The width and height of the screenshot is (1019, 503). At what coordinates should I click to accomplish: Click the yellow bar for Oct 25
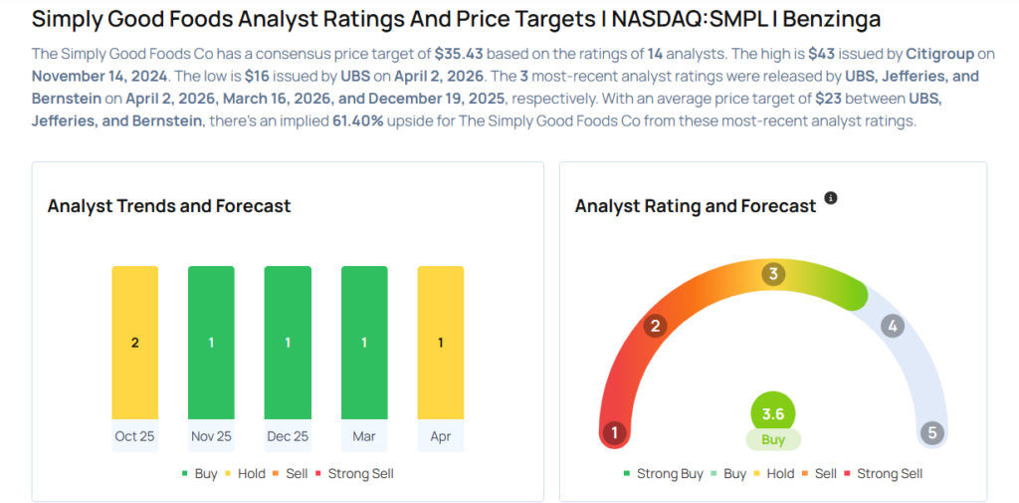tap(134, 342)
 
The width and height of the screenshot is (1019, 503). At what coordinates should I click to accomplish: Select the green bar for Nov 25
tap(211, 342)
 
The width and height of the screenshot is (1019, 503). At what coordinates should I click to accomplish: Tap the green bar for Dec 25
tap(288, 342)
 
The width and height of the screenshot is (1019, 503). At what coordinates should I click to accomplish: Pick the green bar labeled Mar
tap(364, 342)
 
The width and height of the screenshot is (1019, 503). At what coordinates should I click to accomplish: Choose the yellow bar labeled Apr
tap(440, 342)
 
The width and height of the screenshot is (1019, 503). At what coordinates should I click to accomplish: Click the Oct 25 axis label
tap(134, 436)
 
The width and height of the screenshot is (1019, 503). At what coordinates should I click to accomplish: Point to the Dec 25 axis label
tap(288, 436)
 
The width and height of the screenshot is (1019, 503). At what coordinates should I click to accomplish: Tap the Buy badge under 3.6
tap(773, 439)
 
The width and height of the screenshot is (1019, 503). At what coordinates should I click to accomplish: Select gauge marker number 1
tap(615, 432)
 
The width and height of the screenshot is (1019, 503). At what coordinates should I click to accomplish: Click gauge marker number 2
tap(655, 326)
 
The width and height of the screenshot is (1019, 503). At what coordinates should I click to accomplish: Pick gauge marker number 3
tap(773, 274)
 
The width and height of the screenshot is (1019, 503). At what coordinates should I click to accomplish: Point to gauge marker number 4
tap(893, 326)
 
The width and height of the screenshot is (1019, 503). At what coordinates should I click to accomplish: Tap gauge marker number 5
tap(931, 432)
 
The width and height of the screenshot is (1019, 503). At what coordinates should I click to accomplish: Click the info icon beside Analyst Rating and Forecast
tap(831, 198)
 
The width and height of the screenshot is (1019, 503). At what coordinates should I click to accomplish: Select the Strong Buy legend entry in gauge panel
tap(663, 474)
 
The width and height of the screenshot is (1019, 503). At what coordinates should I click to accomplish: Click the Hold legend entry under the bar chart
tap(246, 474)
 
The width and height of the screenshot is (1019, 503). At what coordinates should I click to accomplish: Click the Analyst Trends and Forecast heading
tap(169, 206)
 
